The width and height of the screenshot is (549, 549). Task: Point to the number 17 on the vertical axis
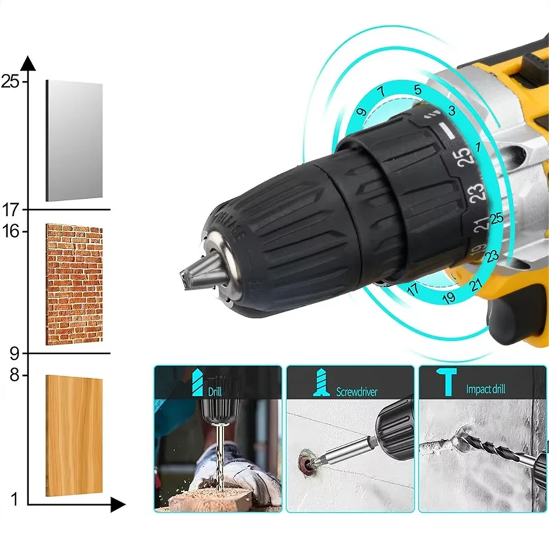click(10, 209)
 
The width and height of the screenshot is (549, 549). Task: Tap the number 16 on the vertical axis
click(10, 231)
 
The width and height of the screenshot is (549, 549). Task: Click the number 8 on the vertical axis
click(13, 376)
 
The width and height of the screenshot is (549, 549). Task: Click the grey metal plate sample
click(74, 141)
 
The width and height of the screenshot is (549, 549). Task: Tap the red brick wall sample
click(74, 284)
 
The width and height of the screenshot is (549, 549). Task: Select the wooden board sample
click(74, 435)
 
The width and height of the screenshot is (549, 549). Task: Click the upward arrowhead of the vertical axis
click(29, 63)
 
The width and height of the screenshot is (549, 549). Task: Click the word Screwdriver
click(357, 391)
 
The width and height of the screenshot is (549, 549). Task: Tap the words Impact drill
click(486, 389)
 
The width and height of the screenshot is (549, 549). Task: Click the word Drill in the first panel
click(215, 391)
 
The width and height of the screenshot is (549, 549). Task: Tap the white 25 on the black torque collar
click(462, 155)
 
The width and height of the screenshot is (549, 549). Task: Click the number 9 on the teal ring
click(361, 112)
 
